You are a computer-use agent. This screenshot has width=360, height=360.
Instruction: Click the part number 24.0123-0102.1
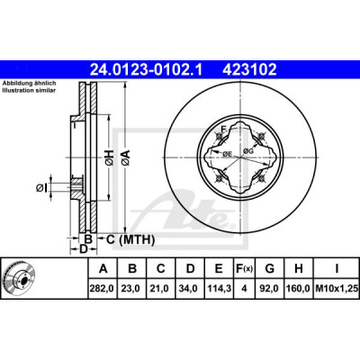click(x=147, y=69)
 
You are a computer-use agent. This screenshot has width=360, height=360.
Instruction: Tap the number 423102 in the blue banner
click(x=249, y=69)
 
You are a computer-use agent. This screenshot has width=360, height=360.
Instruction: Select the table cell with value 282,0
click(x=103, y=289)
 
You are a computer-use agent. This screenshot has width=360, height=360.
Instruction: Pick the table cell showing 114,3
click(x=219, y=289)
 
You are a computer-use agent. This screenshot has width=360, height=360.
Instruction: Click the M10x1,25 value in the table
click(x=337, y=289)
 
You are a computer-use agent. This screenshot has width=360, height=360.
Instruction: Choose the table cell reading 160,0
click(x=299, y=289)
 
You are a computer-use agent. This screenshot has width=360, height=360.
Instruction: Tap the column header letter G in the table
click(x=270, y=269)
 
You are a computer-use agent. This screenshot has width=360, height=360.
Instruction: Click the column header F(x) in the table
click(x=244, y=269)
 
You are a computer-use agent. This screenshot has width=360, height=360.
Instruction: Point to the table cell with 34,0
click(x=190, y=289)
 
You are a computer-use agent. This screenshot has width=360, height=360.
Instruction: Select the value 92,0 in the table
click(x=270, y=289)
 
